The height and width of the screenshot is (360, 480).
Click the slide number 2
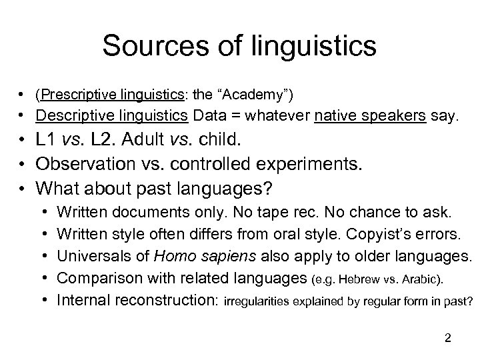tap(448, 339)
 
